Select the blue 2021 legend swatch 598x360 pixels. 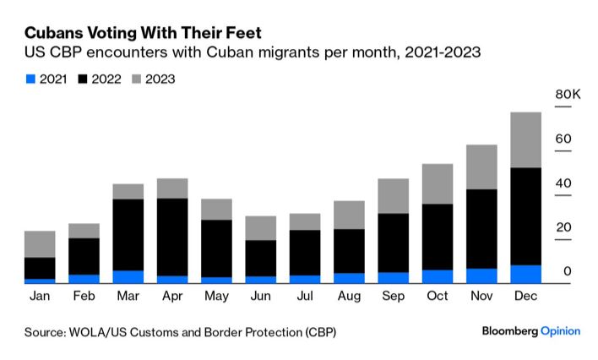click(30, 79)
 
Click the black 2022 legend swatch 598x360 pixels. click(83, 79)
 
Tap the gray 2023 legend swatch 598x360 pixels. click(136, 79)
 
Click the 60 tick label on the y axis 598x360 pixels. click(563, 139)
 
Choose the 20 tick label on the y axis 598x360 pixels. click(563, 226)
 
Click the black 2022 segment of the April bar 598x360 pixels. click(172, 237)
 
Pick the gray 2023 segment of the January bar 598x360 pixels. click(40, 244)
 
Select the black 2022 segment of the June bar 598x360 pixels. click(260, 258)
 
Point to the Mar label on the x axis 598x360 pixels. click(128, 297)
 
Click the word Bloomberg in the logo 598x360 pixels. click(509, 331)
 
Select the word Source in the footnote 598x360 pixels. click(44, 332)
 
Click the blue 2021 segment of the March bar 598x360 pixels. click(128, 276)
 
